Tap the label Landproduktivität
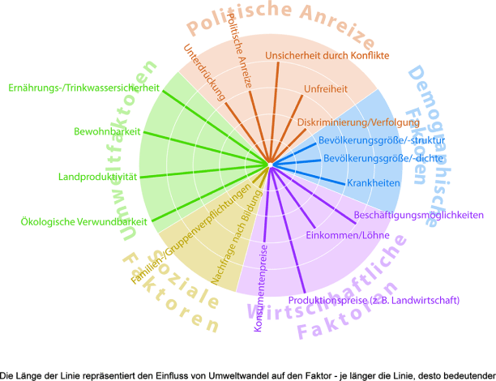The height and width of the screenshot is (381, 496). (99, 176)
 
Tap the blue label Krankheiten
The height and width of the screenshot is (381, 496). (374, 183)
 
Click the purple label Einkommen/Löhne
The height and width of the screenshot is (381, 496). (348, 236)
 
